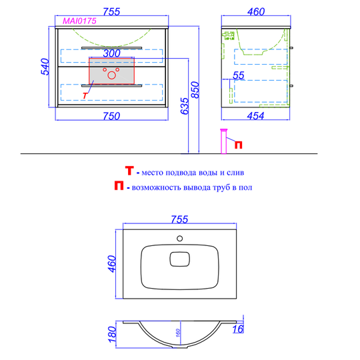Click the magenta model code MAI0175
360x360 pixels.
tap(79, 21)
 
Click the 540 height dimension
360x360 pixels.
tap(45, 67)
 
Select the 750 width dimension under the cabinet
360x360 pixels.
tap(111, 116)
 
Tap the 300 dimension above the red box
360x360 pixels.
tap(111, 53)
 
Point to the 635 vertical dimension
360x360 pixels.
tap(185, 106)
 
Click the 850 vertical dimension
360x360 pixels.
tap(195, 90)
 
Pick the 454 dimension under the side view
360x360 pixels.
tap(255, 116)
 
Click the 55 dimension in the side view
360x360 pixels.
tap(239, 75)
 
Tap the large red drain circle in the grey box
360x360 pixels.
tap(112, 75)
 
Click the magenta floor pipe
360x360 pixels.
tap(223, 141)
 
